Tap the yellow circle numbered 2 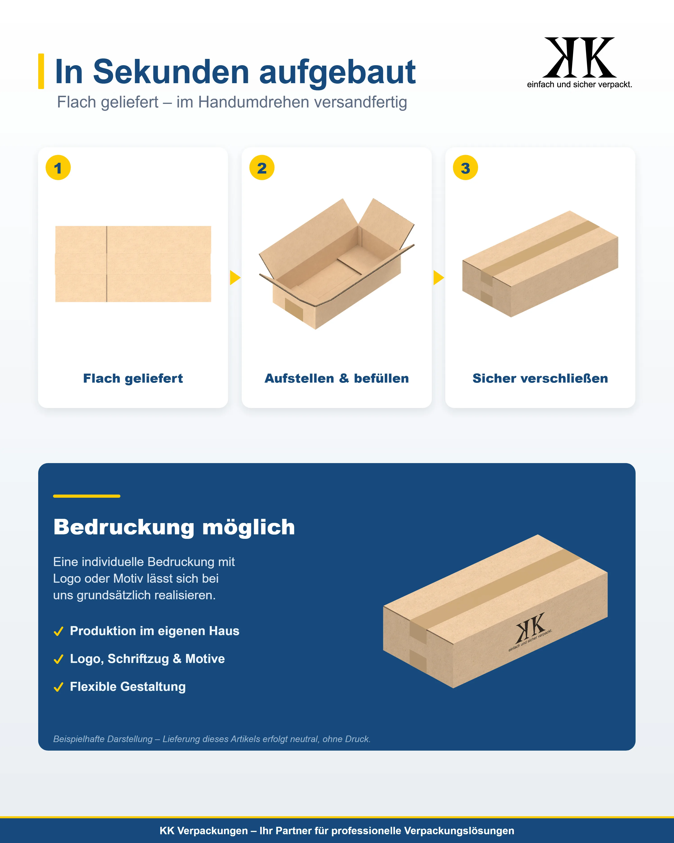pyautogui.click(x=262, y=168)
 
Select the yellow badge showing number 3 pyautogui.click(x=465, y=168)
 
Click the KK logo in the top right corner pyautogui.click(x=579, y=62)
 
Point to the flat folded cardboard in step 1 pyautogui.click(x=133, y=264)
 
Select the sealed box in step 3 pyautogui.click(x=540, y=264)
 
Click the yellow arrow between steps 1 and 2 pyautogui.click(x=235, y=278)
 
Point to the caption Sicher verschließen pyautogui.click(x=540, y=379)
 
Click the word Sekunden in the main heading pyautogui.click(x=171, y=72)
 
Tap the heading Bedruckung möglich pyautogui.click(x=174, y=527)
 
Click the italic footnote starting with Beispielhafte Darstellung pyautogui.click(x=212, y=739)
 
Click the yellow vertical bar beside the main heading pyautogui.click(x=41, y=71)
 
